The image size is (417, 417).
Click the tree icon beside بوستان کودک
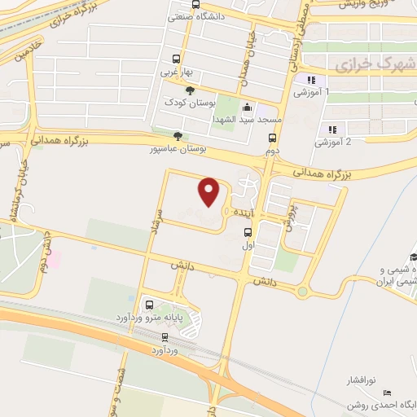point(191,90)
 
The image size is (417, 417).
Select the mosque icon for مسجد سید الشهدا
point(248,108)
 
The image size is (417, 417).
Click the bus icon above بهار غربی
point(175,59)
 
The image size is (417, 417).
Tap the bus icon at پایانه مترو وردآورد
point(148,305)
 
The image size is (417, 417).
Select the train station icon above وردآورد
point(165,336)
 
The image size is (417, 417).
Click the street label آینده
point(246,212)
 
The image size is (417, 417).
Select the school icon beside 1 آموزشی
point(310,80)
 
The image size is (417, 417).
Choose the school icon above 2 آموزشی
point(331,129)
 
